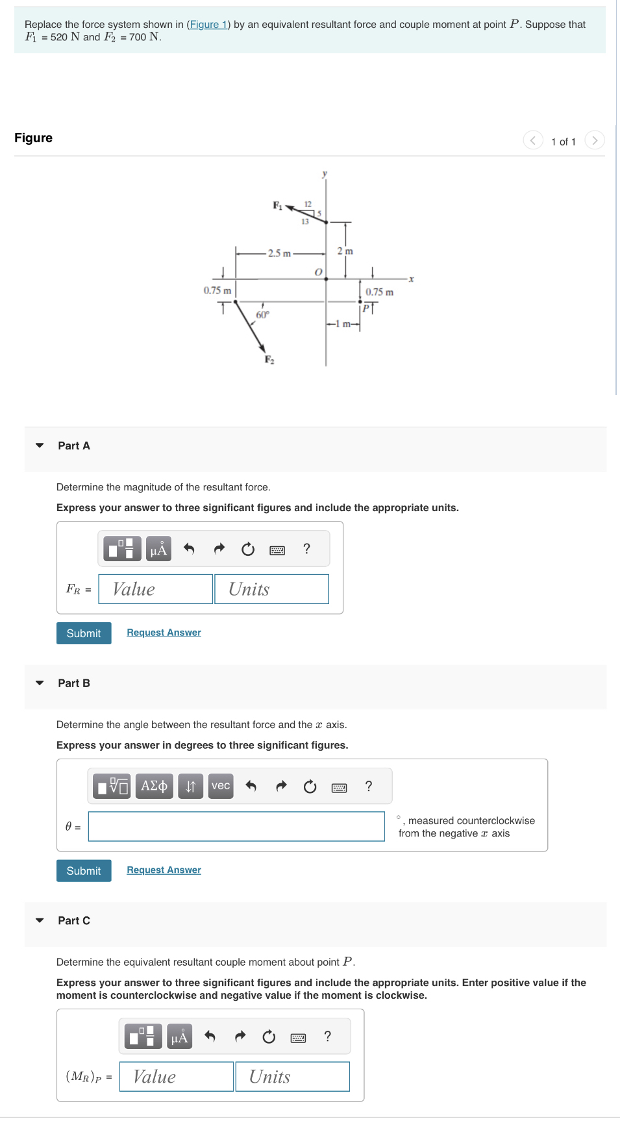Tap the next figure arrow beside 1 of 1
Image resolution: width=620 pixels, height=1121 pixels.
(594, 140)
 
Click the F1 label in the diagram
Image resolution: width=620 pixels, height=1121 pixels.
(277, 205)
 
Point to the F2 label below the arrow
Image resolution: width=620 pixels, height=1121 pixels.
(269, 360)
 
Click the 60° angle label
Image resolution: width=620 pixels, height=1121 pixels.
(262, 315)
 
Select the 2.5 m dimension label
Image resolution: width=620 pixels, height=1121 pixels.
(279, 253)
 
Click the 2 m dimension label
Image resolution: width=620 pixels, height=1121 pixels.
(345, 251)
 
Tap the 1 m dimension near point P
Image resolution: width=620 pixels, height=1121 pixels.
(342, 323)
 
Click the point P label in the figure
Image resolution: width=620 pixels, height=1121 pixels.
(366, 308)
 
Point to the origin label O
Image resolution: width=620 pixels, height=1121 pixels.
(318, 272)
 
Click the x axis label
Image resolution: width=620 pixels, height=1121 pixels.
(411, 279)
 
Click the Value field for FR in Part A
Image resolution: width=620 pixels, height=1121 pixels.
(156, 589)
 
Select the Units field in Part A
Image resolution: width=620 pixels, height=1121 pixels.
(271, 589)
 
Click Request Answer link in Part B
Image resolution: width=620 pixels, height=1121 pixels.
(164, 870)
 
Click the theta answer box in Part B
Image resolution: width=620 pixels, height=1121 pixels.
(236, 827)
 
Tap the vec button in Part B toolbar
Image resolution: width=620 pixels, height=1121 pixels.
(221, 786)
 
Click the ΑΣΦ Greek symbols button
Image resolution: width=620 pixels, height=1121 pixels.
(154, 786)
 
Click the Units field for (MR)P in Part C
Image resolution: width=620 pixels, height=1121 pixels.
(292, 1077)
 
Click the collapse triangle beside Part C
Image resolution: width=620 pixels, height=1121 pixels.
(40, 920)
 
